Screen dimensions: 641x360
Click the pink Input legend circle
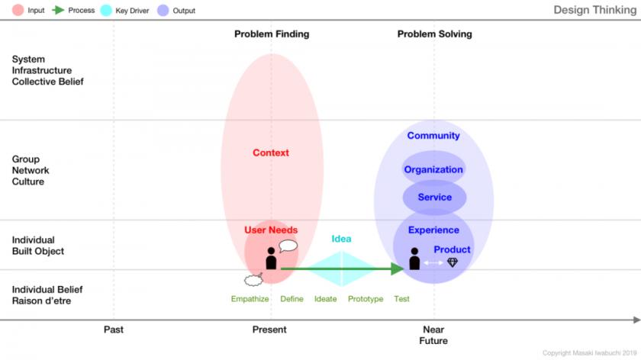pos(18,10)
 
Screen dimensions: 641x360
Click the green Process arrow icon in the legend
pos(58,10)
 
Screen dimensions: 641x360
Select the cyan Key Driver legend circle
pos(106,10)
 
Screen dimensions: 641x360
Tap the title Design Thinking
pos(594,10)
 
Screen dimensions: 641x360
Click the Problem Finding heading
pos(272,34)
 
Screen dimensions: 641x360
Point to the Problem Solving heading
pos(434,34)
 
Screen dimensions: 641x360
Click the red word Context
pos(271,153)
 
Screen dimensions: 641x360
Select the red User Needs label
pos(271,230)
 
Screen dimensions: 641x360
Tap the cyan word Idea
pos(341,239)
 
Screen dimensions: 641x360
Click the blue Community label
pos(433,136)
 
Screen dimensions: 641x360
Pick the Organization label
pos(433,169)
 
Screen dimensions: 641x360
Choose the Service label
pos(434,198)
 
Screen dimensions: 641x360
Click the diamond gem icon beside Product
pos(453,262)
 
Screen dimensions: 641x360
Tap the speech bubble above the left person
pos(288,246)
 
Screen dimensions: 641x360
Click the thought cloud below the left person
pos(253,280)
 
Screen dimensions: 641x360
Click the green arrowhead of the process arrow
pos(398,268)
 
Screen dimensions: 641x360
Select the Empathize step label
pos(250,299)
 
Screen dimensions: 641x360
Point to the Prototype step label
pos(366,299)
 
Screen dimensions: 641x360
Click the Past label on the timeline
pos(113,329)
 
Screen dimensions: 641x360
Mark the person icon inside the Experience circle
pos(414,259)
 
